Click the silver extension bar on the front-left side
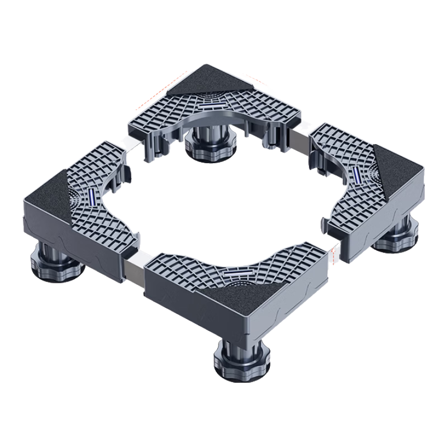[134, 268]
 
